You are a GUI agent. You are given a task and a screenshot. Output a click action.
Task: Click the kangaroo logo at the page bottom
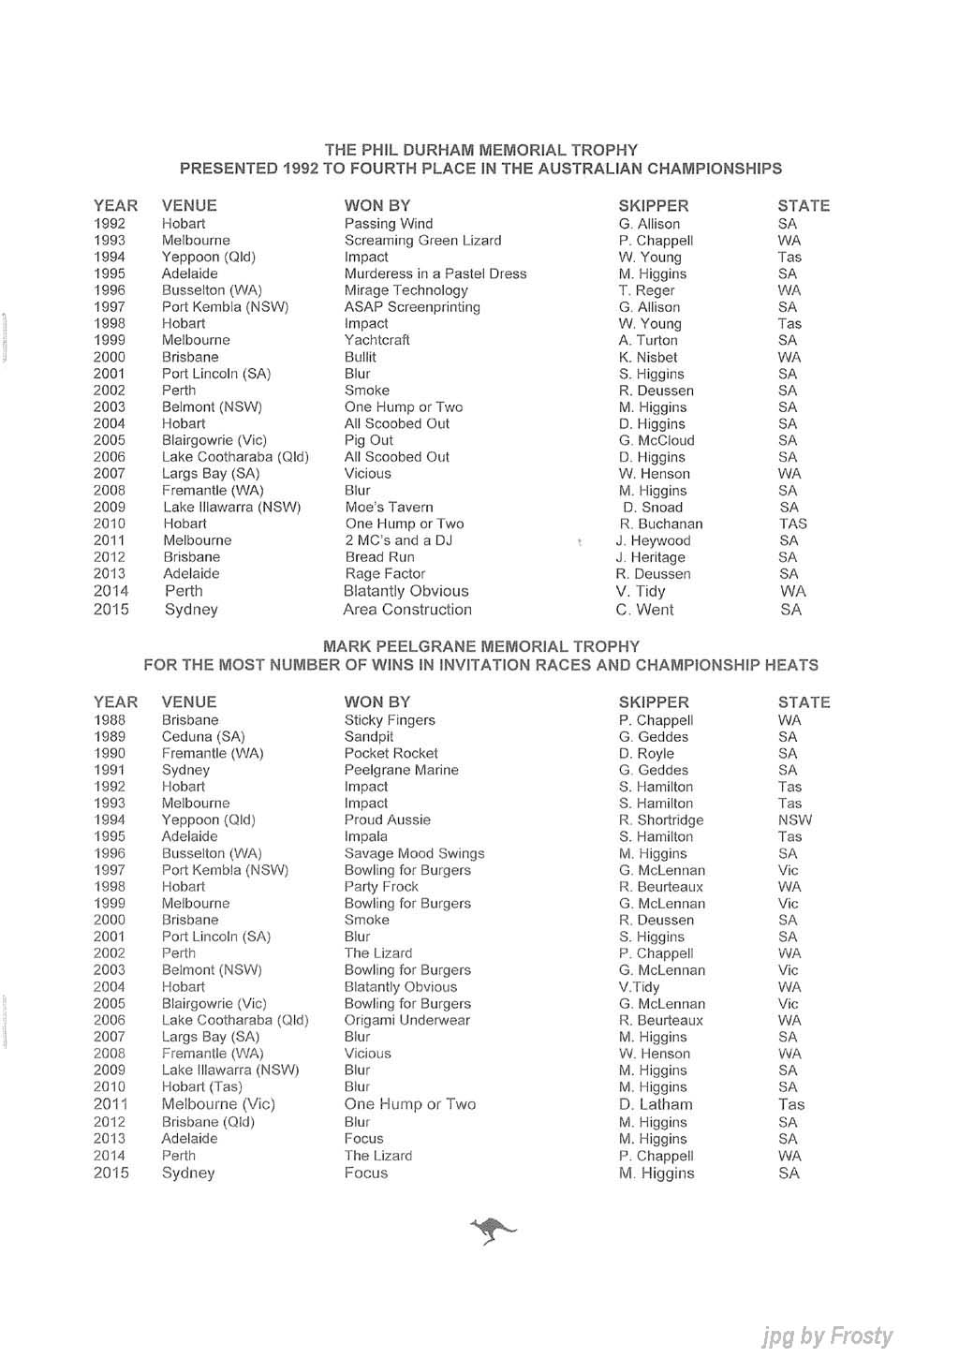[x=493, y=1229]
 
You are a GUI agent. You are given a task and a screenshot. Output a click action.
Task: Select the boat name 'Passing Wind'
[x=388, y=224]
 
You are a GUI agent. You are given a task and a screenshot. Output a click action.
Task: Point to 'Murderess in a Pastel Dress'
[x=435, y=273]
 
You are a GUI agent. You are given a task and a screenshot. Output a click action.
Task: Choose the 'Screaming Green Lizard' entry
[x=422, y=241]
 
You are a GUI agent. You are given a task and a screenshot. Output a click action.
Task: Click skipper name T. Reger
[x=646, y=290]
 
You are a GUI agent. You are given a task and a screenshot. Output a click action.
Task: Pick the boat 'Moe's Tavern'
[x=389, y=508]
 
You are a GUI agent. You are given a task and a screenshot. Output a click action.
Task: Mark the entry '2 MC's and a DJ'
[x=398, y=540]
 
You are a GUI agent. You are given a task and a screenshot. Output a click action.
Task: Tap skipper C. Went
[x=644, y=610]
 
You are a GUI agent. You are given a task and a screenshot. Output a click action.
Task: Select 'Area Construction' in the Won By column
[x=407, y=610]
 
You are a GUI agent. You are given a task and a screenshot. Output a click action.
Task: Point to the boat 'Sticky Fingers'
[x=390, y=720]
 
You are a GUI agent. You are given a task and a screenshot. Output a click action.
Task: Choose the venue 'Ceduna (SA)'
[x=202, y=737]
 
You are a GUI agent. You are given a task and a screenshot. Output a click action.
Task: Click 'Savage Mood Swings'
[x=414, y=853]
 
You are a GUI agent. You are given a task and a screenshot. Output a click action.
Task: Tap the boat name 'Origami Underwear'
[x=406, y=1020]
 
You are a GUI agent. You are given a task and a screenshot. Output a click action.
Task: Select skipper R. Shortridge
[x=660, y=820]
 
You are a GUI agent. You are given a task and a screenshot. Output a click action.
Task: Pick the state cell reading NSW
[x=794, y=820]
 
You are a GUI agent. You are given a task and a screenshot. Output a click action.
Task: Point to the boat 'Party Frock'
[x=381, y=887]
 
